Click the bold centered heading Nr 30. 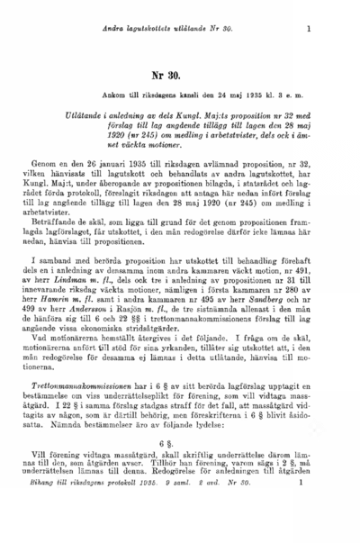[178, 77]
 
